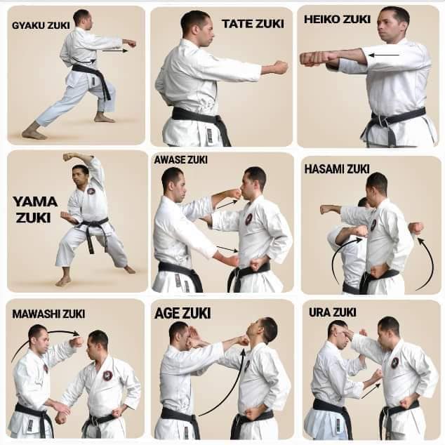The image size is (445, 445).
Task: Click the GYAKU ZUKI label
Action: coord(41,25)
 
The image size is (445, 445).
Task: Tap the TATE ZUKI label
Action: coord(253,24)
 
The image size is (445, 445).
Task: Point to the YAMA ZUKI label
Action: coord(35,209)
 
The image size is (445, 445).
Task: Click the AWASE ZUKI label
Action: coord(181,160)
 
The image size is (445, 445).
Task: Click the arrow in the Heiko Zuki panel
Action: coord(384,53)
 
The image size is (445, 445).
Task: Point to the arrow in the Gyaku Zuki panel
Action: coord(116,51)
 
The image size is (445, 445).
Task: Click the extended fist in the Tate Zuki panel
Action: coord(279,67)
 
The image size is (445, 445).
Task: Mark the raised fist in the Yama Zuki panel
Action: coord(68,157)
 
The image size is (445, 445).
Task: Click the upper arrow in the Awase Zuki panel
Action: coord(226,204)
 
